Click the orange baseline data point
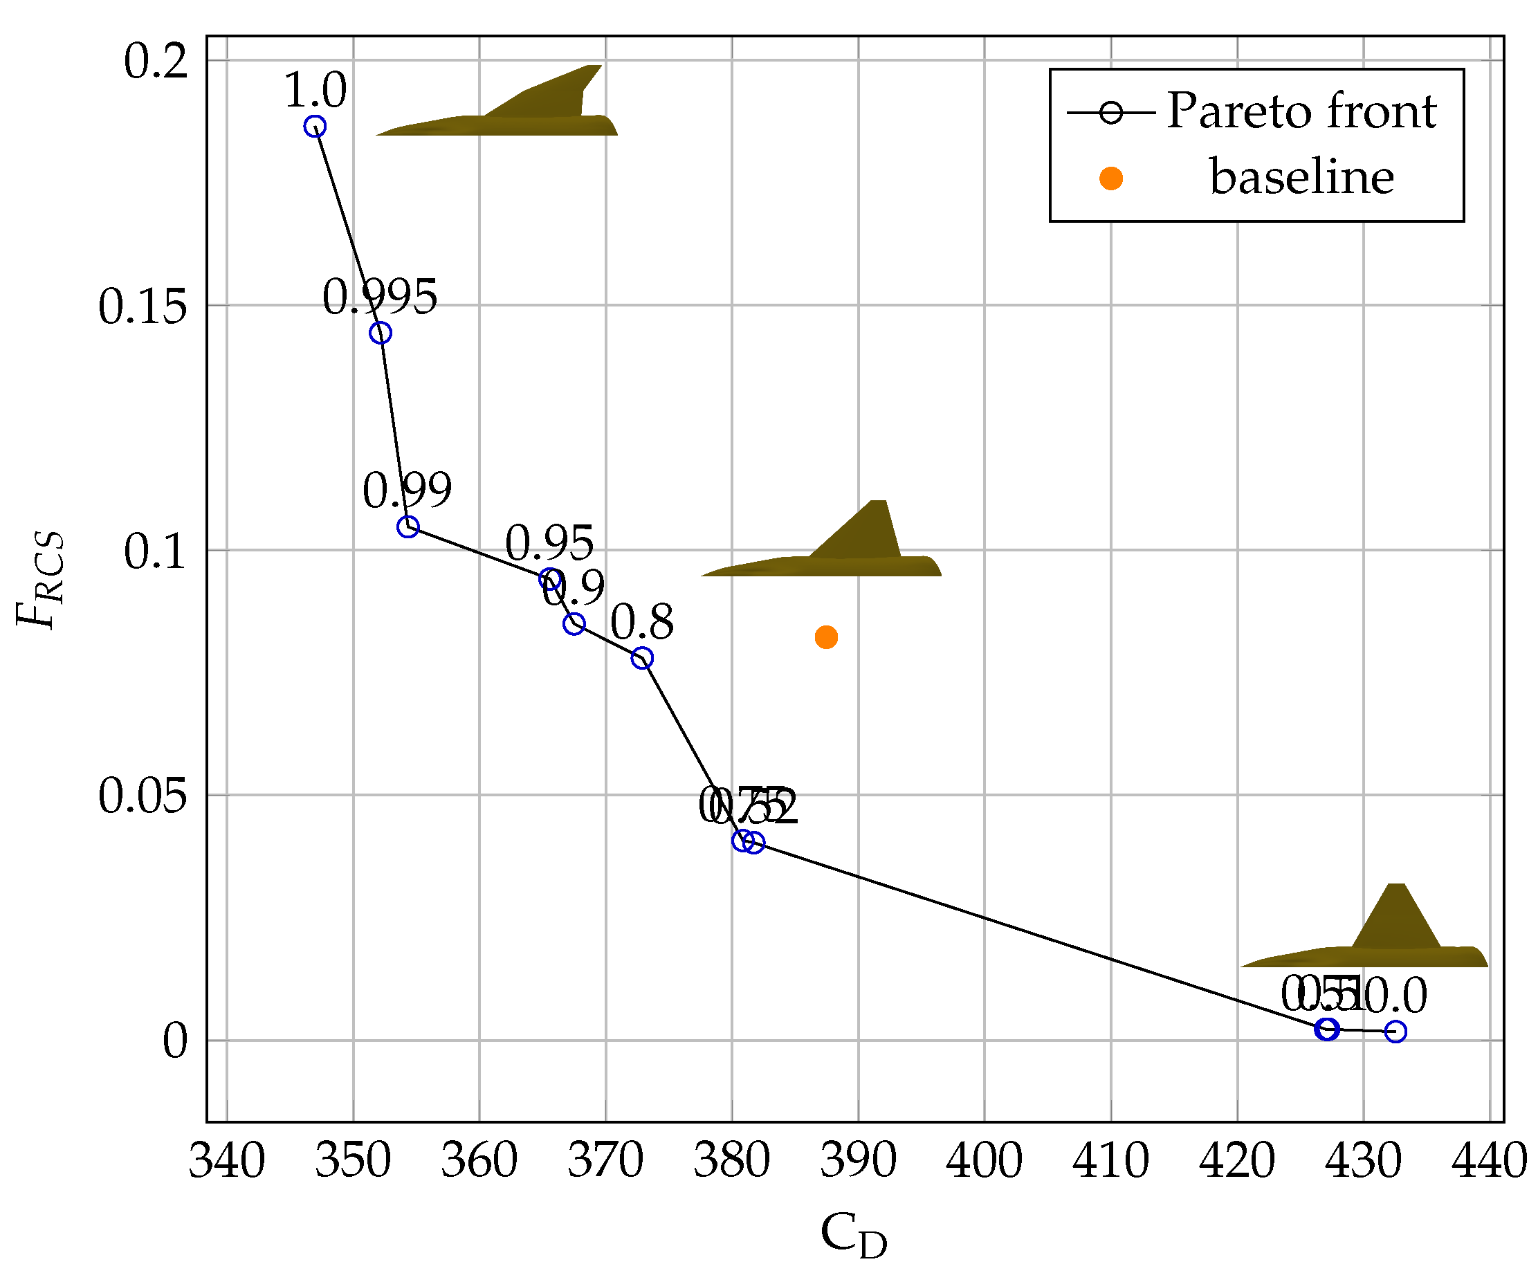point(826,637)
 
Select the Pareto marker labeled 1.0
point(315,127)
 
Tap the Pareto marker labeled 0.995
point(380,333)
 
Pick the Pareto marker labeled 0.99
point(408,526)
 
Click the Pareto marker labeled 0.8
point(642,659)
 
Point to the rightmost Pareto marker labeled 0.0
point(1396,1032)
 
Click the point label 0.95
point(549,544)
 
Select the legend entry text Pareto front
point(1301,111)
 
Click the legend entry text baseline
point(1301,177)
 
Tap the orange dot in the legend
point(1111,178)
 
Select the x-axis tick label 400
point(984,1162)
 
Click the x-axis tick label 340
point(226,1162)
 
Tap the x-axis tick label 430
point(1363,1162)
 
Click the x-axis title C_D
point(853,1235)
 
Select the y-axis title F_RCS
point(40,580)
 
